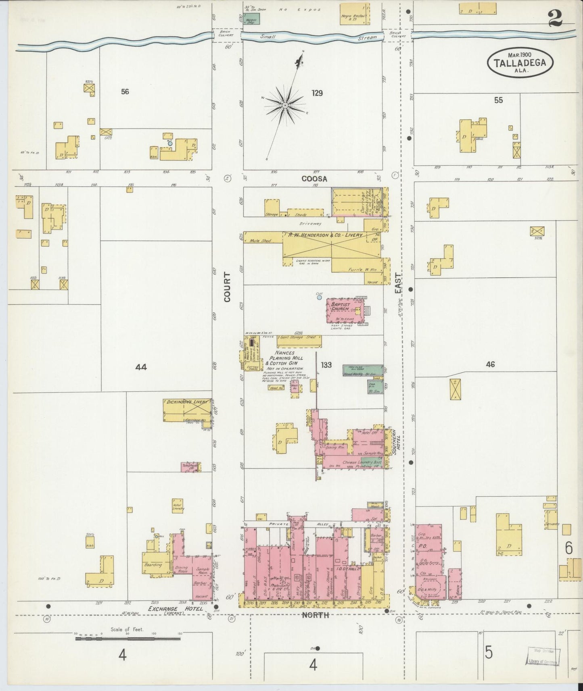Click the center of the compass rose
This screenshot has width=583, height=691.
click(x=285, y=106)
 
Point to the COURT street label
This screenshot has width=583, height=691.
click(x=227, y=287)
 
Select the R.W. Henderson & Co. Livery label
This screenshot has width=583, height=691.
click(x=325, y=235)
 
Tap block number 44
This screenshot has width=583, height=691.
click(x=141, y=367)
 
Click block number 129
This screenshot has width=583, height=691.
click(x=317, y=93)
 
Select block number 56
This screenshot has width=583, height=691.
click(x=125, y=92)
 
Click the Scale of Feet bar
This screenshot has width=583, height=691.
click(x=127, y=638)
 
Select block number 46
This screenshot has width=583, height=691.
click(x=490, y=364)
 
